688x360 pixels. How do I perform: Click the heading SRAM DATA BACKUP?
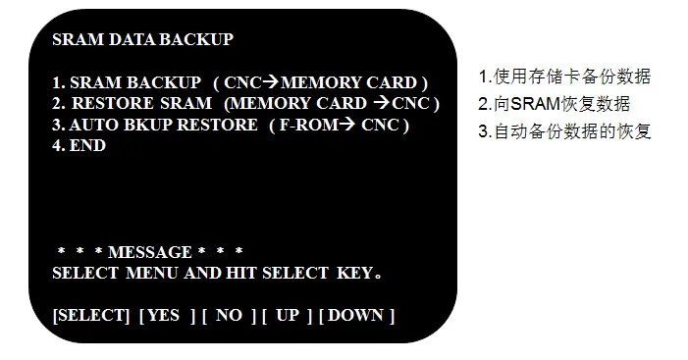coord(142,40)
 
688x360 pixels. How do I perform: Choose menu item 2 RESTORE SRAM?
coord(132,103)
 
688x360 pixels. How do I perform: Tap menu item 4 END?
coord(79,145)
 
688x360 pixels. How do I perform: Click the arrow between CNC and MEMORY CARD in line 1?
coord(271,82)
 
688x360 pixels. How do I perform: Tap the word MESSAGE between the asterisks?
coord(149,252)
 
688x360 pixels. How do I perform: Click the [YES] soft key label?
coord(166,315)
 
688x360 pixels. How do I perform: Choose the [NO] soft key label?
coord(229,315)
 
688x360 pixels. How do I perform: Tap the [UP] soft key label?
coord(286,315)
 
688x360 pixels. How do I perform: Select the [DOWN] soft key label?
coord(356,315)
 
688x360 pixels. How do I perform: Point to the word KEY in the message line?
coord(355,273)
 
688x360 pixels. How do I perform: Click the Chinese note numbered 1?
coord(564,77)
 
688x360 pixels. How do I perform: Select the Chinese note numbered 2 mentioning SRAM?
coord(554,104)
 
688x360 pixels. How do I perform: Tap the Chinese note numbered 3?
coord(564,131)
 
